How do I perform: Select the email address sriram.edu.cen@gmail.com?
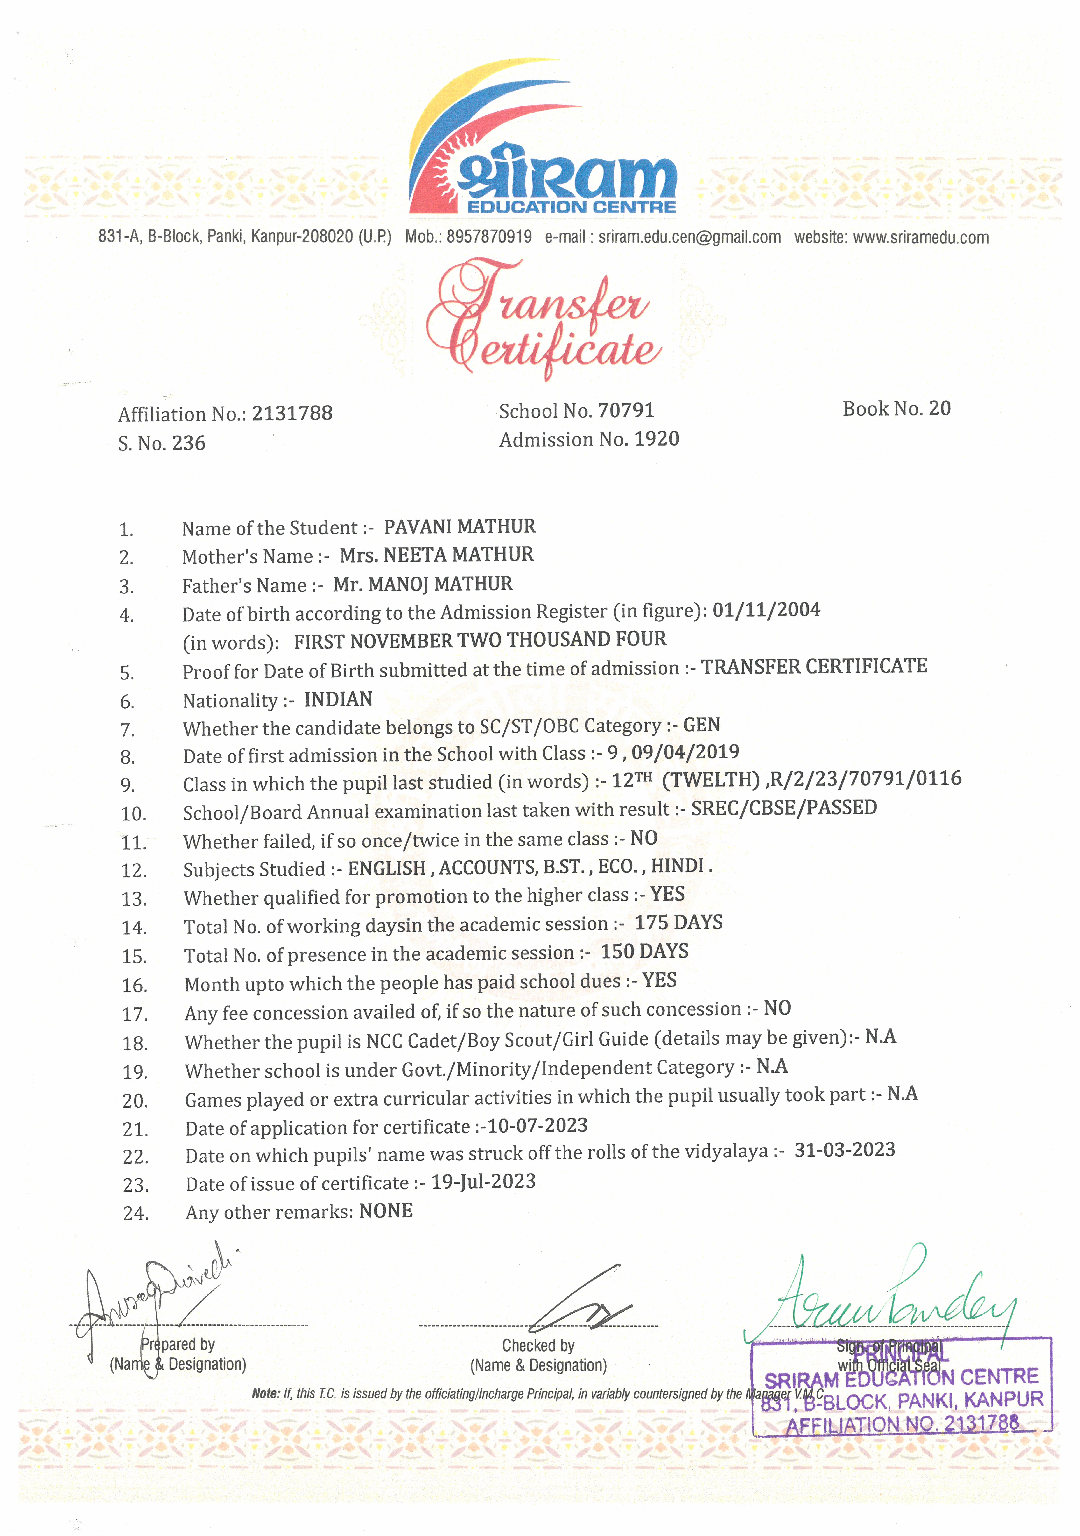(x=689, y=237)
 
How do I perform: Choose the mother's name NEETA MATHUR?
(x=459, y=555)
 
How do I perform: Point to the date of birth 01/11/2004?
(x=766, y=610)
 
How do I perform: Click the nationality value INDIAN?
(x=338, y=700)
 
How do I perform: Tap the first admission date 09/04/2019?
(x=685, y=752)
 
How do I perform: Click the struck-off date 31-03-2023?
(x=845, y=1150)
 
